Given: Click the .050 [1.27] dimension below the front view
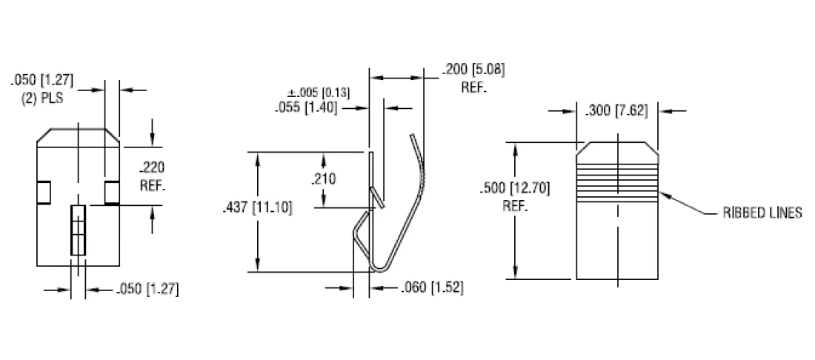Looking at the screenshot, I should [147, 288].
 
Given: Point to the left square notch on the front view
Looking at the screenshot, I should [44, 192].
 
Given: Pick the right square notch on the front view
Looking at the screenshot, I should [112, 192].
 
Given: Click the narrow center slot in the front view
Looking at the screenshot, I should [78, 230].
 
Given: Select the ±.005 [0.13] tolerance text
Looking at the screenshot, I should [319, 93].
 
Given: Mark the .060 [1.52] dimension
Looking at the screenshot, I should [432, 288].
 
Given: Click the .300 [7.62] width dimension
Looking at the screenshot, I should [616, 112].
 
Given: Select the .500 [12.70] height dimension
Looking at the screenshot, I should [514, 187].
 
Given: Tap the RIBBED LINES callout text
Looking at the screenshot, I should [762, 213].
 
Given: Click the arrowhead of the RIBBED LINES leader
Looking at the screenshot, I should [662, 194].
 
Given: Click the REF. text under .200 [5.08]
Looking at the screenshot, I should [474, 87].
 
